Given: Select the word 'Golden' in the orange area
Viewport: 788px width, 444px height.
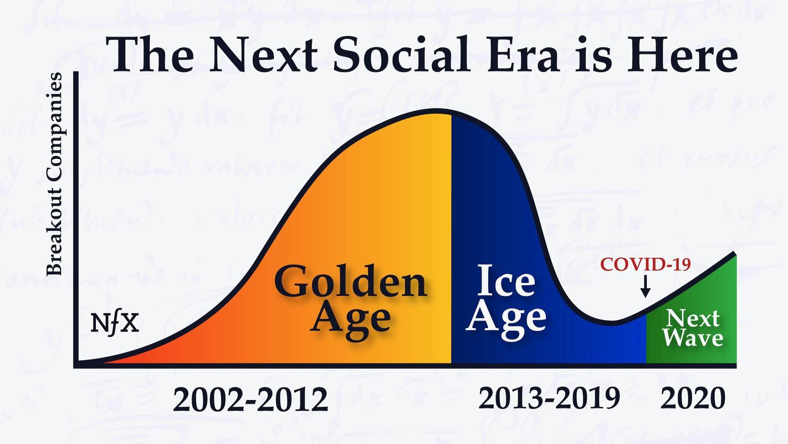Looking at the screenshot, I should [x=350, y=281].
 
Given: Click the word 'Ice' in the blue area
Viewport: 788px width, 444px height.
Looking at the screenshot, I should [x=506, y=280].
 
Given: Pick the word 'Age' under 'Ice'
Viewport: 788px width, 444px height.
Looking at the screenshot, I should [x=506, y=317].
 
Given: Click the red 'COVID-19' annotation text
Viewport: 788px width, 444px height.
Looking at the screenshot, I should [x=646, y=264].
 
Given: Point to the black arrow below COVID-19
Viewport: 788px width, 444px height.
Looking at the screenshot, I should [x=645, y=286].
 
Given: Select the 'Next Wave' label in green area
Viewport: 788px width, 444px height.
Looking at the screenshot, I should [x=693, y=328].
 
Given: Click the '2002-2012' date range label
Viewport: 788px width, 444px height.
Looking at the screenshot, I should [x=250, y=399].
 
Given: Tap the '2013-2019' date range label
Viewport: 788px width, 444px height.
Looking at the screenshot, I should [x=549, y=398].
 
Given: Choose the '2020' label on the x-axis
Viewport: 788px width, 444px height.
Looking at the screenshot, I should [x=693, y=398].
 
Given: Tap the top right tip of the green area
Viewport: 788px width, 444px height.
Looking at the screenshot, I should [x=735, y=254].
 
